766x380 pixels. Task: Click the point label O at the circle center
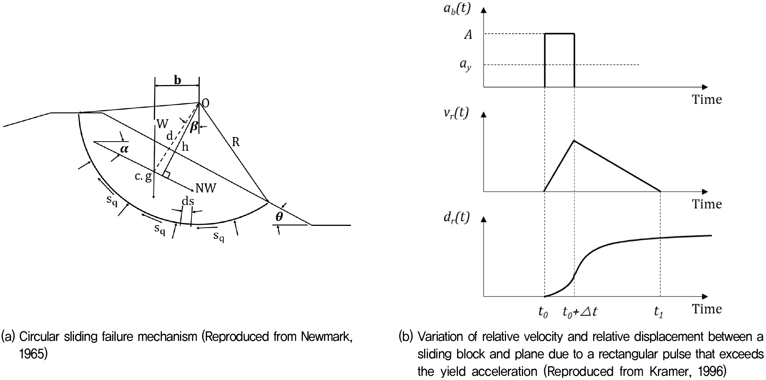pos(205,103)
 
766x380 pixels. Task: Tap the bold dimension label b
pos(177,80)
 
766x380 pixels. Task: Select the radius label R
pos(236,142)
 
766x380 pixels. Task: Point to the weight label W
pos(162,124)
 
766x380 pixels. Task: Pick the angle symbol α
pos(124,149)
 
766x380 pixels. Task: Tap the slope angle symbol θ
pos(279,217)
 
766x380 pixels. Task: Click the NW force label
pos(206,188)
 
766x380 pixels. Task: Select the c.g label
pos(143,177)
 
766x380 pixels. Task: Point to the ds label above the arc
pos(188,201)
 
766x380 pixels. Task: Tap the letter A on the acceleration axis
pos(468,35)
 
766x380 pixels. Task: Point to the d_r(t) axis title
pos(456,218)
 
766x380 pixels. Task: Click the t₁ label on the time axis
pos(659,312)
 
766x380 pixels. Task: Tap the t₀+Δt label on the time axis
pos(580,312)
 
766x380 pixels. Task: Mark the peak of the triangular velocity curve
pos(574,140)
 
